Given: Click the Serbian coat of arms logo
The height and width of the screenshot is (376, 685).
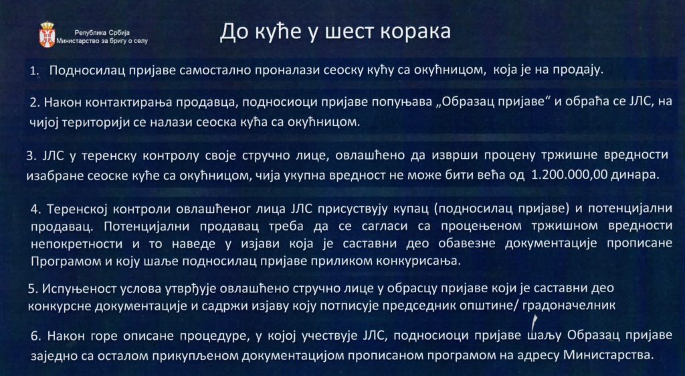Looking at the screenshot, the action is click(x=47, y=35).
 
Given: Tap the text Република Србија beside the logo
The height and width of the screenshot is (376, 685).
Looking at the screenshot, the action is click(x=102, y=33).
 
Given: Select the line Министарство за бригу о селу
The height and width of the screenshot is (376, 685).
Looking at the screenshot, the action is click(x=102, y=41).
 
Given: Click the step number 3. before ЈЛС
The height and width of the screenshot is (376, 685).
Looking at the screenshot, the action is click(x=31, y=155).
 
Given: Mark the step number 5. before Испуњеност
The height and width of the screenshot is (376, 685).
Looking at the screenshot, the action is click(x=32, y=289).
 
